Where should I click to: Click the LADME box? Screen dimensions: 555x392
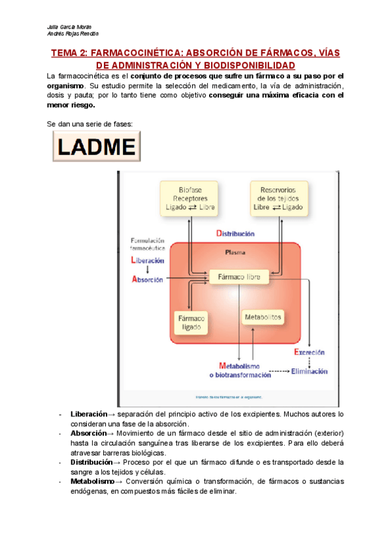[x=97, y=147]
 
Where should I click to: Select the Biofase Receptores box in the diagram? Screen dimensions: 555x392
[x=189, y=198]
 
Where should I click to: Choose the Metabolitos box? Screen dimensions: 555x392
[x=263, y=317]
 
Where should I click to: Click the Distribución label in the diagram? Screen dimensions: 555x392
[x=235, y=234]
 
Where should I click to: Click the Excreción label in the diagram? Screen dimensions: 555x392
[x=309, y=352]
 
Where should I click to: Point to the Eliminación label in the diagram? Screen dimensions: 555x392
[x=309, y=371]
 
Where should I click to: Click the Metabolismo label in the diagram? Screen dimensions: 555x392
[x=238, y=366]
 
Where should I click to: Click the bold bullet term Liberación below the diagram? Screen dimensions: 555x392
[x=88, y=414]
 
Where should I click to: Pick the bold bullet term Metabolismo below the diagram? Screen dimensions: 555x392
[x=92, y=481]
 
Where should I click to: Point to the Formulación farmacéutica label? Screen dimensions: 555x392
[x=147, y=245]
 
